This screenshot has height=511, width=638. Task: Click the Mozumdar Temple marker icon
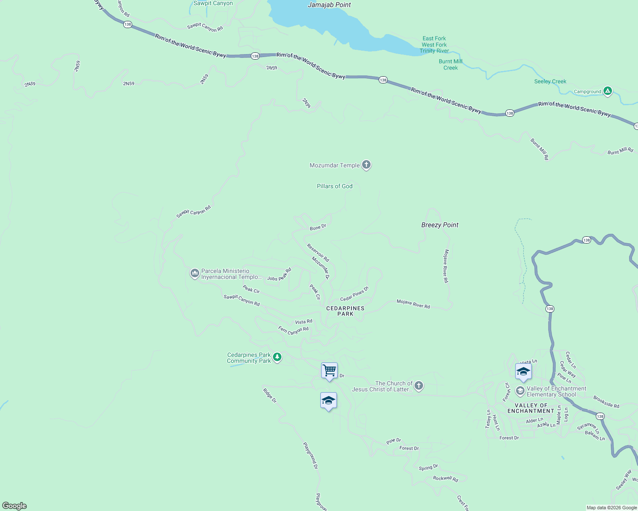pyautogui.click(x=366, y=165)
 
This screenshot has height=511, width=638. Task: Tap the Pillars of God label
pyautogui.click(x=334, y=186)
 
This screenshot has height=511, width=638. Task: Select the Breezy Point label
pyautogui.click(x=440, y=225)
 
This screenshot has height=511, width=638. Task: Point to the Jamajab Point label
pyautogui.click(x=329, y=5)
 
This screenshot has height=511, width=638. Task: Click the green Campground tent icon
pyautogui.click(x=608, y=91)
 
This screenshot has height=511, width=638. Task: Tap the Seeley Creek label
pyautogui.click(x=550, y=81)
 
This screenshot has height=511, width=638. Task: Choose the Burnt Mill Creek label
pyautogui.click(x=450, y=64)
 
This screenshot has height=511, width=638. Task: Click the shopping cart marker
pyautogui.click(x=329, y=370)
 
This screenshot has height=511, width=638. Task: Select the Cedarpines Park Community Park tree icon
pyautogui.click(x=277, y=357)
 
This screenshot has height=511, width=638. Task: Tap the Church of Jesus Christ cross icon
pyautogui.click(x=419, y=386)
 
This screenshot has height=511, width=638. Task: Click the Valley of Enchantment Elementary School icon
pyautogui.click(x=520, y=390)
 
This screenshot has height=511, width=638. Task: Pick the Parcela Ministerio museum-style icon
pyautogui.click(x=194, y=273)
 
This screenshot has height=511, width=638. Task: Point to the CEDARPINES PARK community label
pyautogui.click(x=345, y=311)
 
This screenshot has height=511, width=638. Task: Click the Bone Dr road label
pyautogui.click(x=318, y=227)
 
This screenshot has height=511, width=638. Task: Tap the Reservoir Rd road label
pyautogui.click(x=318, y=253)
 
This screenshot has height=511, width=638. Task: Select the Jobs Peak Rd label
pyautogui.click(x=279, y=275)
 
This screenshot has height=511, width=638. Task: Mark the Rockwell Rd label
pyautogui.click(x=445, y=478)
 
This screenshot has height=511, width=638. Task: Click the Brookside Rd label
pyautogui.click(x=606, y=402)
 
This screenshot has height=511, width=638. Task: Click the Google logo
pyautogui.click(x=14, y=506)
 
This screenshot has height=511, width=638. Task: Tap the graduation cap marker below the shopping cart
pyautogui.click(x=328, y=401)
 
